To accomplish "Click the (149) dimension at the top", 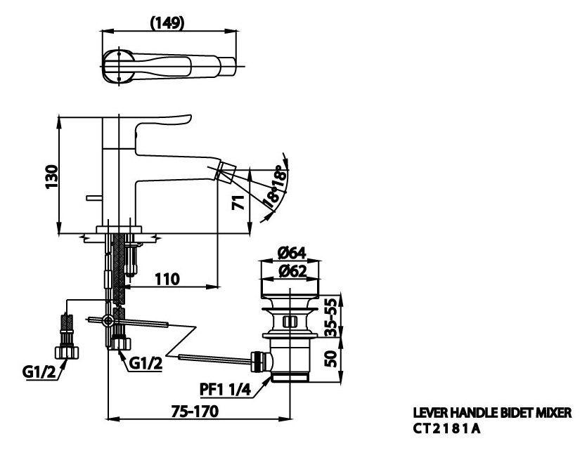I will pyautogui.click(x=167, y=22).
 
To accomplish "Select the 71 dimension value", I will pyautogui.click(x=238, y=204).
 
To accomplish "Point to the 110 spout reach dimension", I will pyautogui.click(x=167, y=279).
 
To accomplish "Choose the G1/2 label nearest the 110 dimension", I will pyautogui.click(x=146, y=363).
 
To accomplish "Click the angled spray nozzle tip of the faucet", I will pyautogui.click(x=228, y=170).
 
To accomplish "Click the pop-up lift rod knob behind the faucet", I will pyautogui.click(x=91, y=199).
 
